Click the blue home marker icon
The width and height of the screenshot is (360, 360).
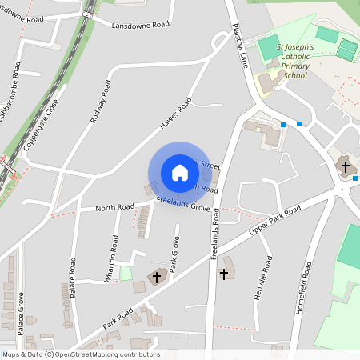pos(180,173)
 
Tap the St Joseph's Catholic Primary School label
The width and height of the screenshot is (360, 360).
pos(291,62)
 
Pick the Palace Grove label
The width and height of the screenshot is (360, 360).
pos(22,313)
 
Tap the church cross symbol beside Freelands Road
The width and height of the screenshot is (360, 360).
pos(223,274)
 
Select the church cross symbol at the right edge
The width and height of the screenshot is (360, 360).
pos(346,167)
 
